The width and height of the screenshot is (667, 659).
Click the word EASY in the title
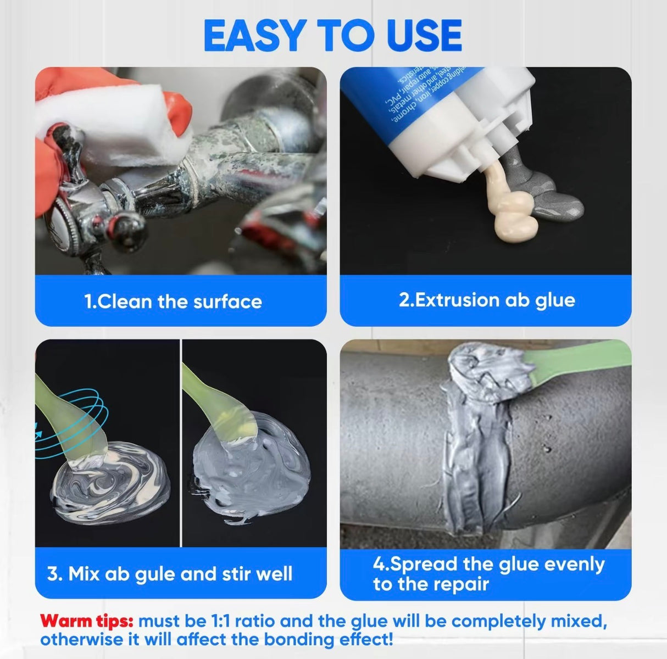253,35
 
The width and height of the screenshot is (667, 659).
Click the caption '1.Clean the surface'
173,301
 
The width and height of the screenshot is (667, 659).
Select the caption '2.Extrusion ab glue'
486,300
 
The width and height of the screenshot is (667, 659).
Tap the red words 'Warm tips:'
87,622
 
